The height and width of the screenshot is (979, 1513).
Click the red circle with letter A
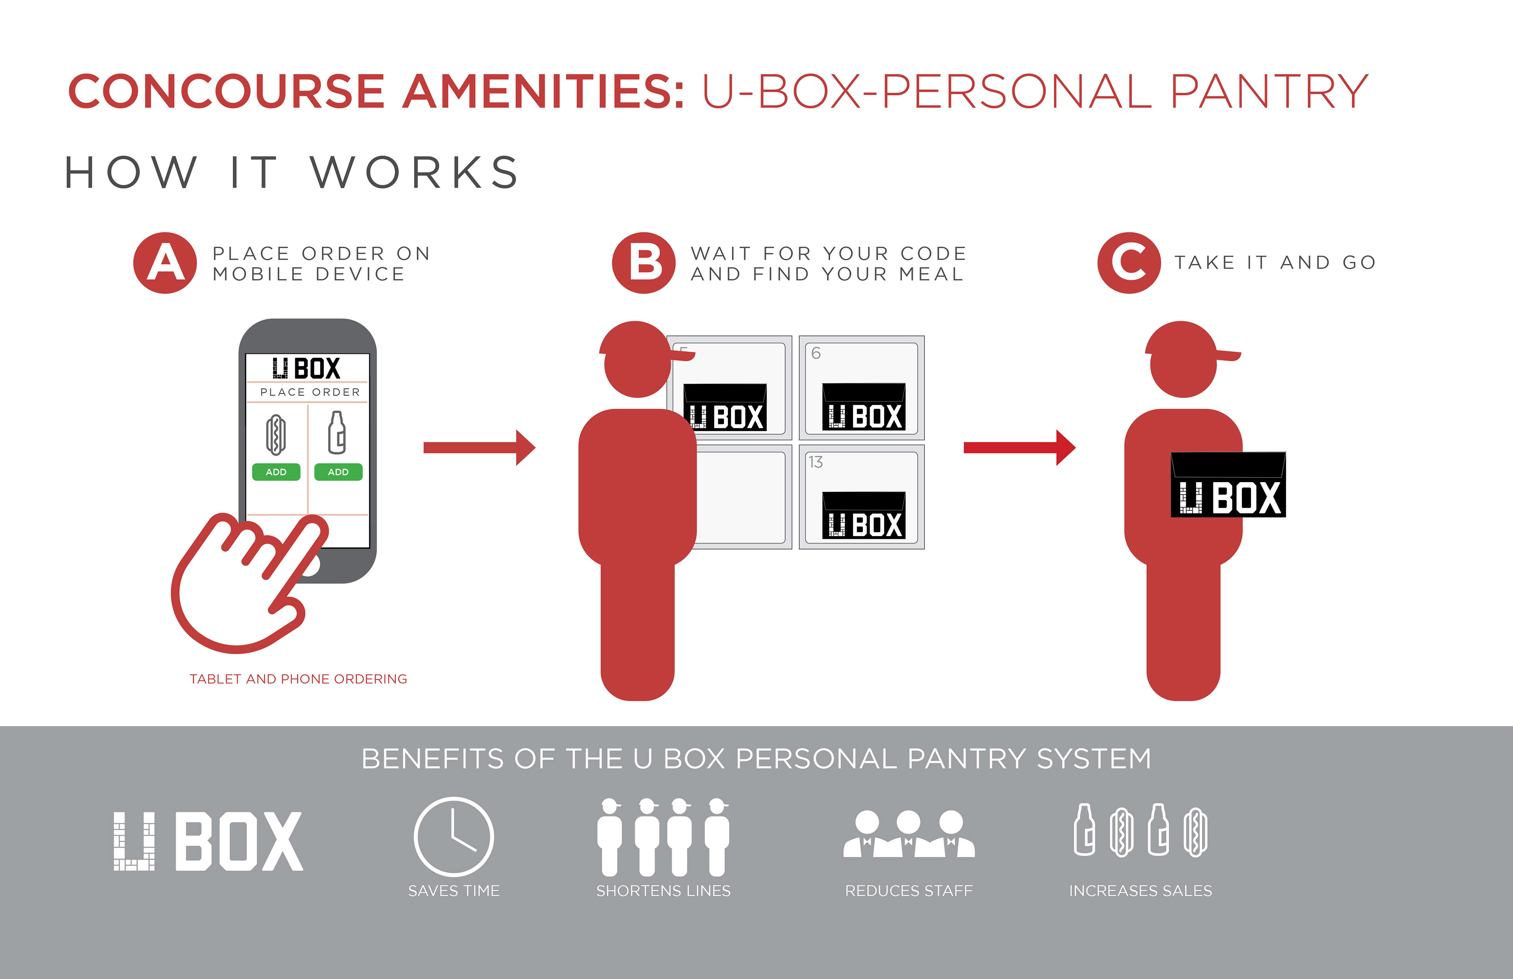[x=165, y=262]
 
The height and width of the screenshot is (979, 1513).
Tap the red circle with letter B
[x=643, y=262]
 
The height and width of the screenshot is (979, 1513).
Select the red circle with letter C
[x=1129, y=262]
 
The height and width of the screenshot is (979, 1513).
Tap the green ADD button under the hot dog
[x=276, y=472]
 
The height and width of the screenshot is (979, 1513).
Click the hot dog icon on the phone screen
[x=276, y=435]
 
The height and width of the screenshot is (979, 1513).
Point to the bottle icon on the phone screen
[x=337, y=433]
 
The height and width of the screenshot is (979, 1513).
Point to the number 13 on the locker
[x=816, y=462]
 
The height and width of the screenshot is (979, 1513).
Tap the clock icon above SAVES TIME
[x=453, y=837]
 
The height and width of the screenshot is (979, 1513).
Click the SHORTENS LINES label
[x=663, y=891]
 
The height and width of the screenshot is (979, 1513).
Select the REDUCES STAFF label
[x=909, y=891]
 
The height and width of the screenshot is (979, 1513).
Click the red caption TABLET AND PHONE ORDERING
[x=298, y=679]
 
